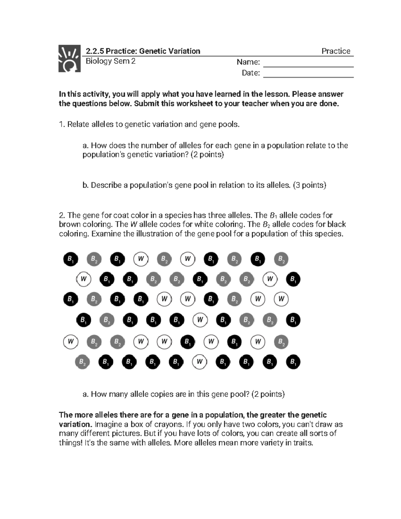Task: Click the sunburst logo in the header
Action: point(70,58)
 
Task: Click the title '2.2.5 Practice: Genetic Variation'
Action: point(143,51)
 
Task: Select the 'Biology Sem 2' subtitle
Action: point(111,61)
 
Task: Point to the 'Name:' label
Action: point(248,62)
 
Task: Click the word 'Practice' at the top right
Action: point(336,51)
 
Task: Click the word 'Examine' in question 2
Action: point(106,234)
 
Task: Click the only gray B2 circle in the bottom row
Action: point(82,362)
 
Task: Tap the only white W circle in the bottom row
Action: point(200,362)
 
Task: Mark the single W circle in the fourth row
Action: point(200,320)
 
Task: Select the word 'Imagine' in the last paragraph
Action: point(107,424)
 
